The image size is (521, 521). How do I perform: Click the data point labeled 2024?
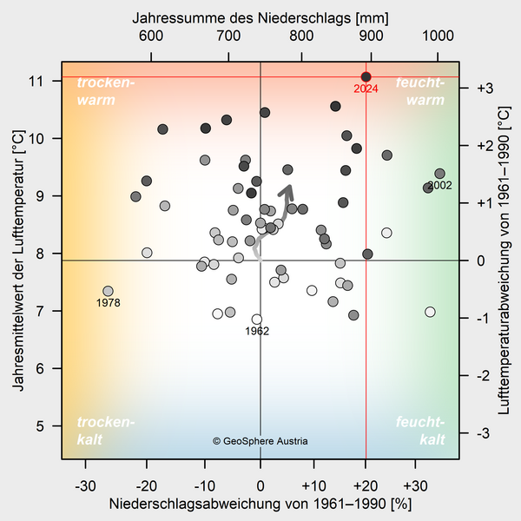point(366,77)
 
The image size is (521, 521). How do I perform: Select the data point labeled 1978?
point(108,292)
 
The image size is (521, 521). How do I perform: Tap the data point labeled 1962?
point(257,320)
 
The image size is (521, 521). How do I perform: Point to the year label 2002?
point(439,186)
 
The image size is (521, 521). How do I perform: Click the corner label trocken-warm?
point(106,91)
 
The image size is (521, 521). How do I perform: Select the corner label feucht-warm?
point(420,91)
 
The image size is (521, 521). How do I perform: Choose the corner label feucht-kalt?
point(420,431)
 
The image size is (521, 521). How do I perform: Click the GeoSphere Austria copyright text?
point(260,441)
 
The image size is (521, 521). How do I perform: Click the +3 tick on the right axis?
point(485,88)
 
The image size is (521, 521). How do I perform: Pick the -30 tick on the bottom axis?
point(85,485)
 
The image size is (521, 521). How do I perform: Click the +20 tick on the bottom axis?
point(366,485)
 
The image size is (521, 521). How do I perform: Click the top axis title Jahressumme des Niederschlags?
point(260,16)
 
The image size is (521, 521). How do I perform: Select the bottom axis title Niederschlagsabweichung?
point(260,504)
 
